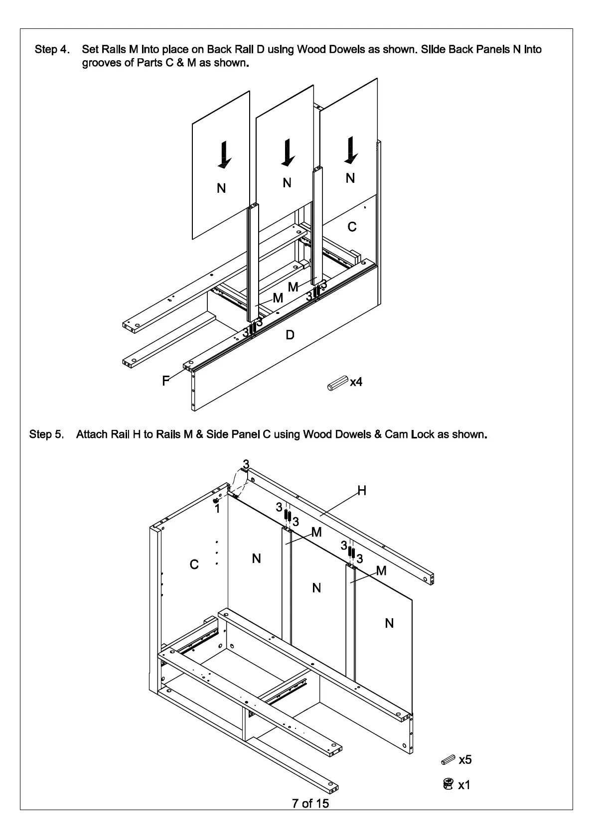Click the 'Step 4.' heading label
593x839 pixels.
click(52, 49)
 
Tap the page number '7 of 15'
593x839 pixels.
click(310, 803)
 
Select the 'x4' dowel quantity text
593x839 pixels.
click(356, 382)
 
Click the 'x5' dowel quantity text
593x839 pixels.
click(465, 759)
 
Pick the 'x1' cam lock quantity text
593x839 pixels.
click(464, 785)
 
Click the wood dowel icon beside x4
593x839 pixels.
click(336, 384)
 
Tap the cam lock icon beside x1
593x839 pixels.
click(448, 784)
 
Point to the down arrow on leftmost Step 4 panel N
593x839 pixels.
click(224, 154)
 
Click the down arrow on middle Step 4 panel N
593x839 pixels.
click(288, 152)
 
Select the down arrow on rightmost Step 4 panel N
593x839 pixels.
click(351, 149)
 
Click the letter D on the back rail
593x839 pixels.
click(290, 335)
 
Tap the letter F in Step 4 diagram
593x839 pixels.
click(165, 381)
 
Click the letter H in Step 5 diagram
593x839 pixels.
click(362, 491)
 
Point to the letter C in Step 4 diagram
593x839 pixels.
click(352, 227)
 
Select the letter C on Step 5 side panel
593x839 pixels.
click(194, 564)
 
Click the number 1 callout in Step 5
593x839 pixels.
click(217, 509)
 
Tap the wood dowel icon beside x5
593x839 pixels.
click(448, 760)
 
